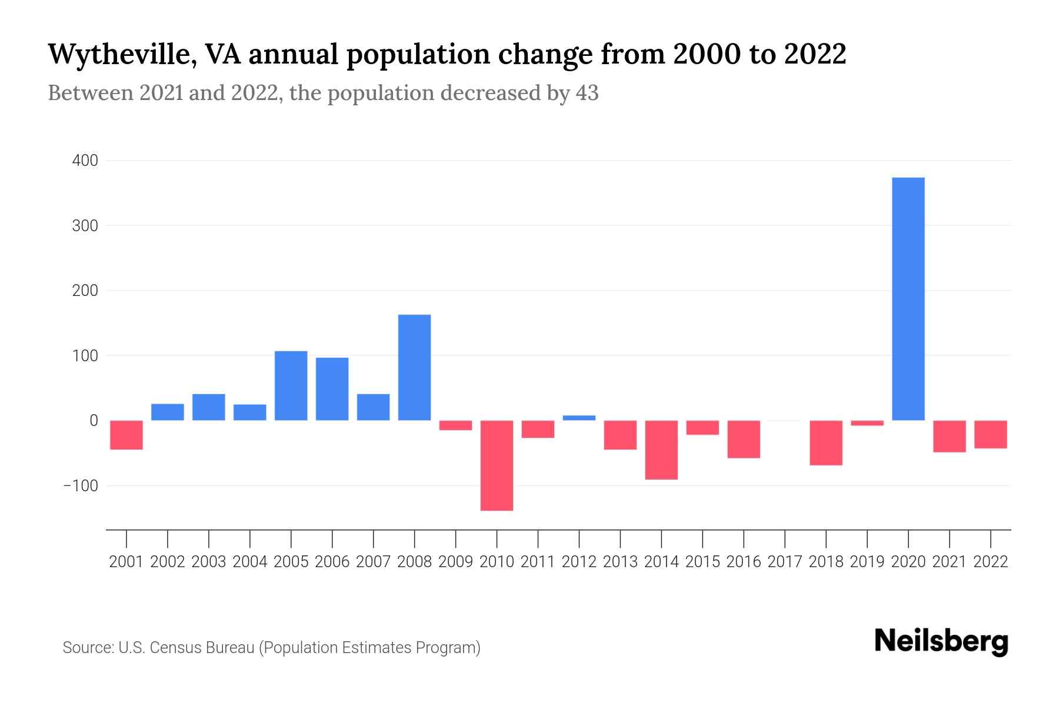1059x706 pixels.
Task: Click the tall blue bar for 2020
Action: click(x=908, y=299)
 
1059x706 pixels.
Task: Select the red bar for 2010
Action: click(x=497, y=465)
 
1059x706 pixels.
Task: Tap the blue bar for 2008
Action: click(x=415, y=368)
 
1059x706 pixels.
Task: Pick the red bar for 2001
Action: click(x=126, y=435)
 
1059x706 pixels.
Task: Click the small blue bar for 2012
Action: click(x=580, y=418)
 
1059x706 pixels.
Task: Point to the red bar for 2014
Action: click(x=661, y=450)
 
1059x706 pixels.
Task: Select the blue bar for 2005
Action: click(x=291, y=386)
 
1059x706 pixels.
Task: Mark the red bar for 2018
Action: click(x=826, y=443)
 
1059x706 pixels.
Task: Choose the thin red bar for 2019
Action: click(x=867, y=423)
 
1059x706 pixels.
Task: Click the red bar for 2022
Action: click(x=991, y=435)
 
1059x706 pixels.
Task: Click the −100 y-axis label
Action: click(x=81, y=486)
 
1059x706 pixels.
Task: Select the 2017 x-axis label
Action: click(x=785, y=562)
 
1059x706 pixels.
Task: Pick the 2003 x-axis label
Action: click(x=209, y=562)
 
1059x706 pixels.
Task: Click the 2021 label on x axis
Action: click(x=950, y=562)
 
